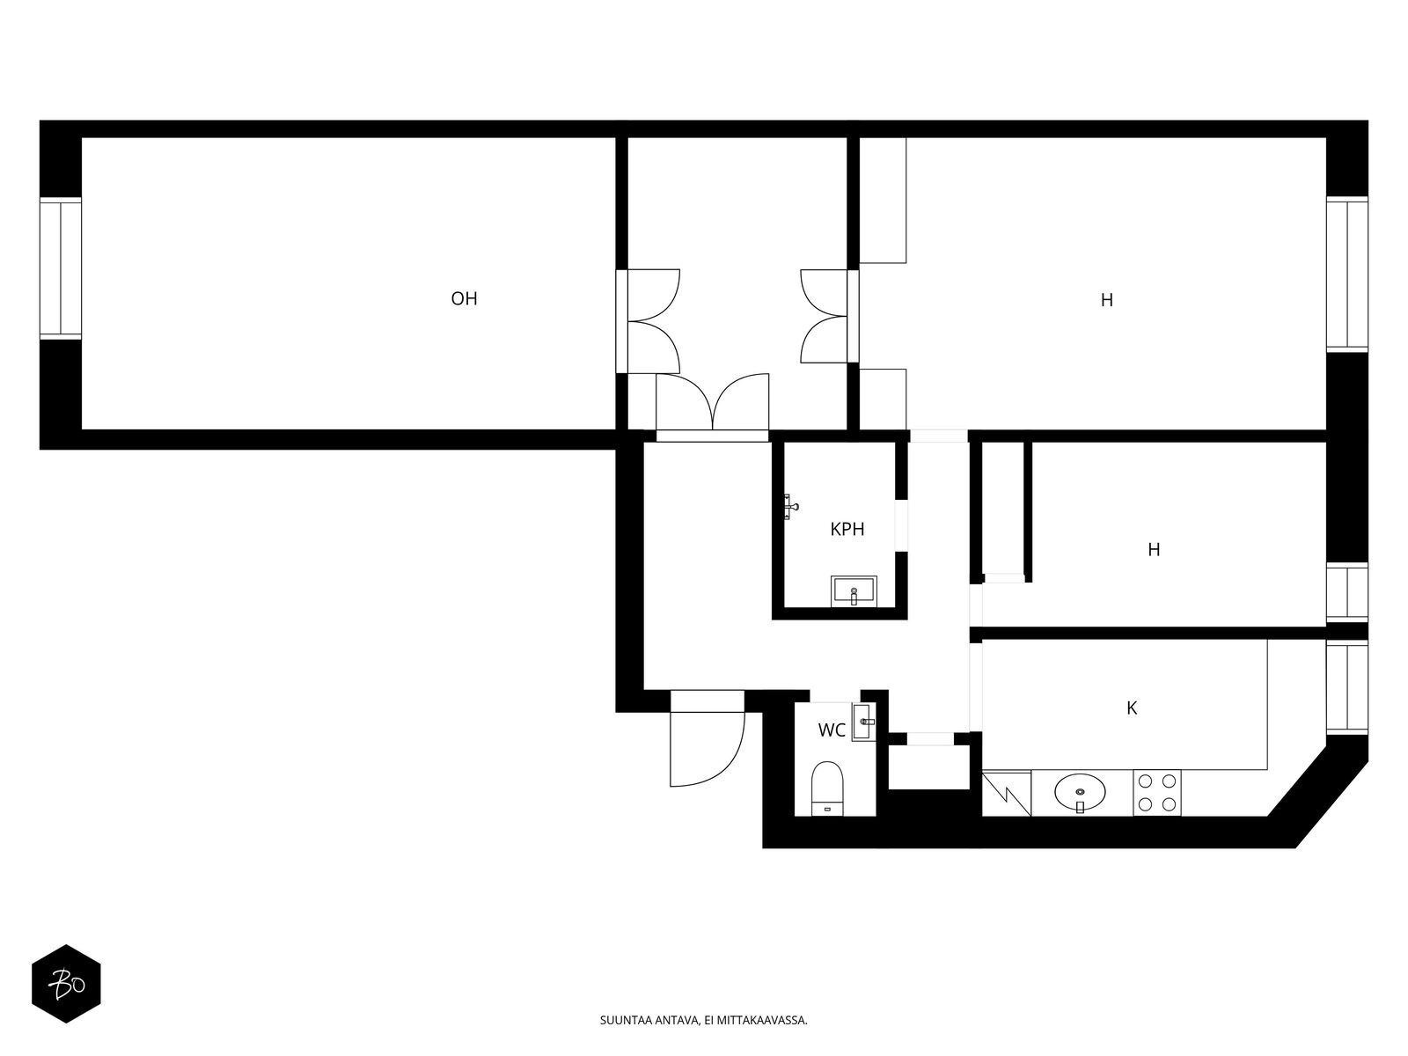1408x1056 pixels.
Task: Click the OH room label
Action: (464, 299)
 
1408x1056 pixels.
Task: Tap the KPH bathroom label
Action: (847, 529)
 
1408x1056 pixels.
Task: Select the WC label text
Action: (832, 730)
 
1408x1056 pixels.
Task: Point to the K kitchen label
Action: (1132, 708)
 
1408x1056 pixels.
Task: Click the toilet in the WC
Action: (827, 788)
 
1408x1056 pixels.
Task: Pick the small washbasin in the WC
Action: (863, 722)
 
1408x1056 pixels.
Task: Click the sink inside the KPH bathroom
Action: (853, 591)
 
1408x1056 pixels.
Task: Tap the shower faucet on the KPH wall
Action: (790, 507)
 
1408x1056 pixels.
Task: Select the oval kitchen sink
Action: (1081, 794)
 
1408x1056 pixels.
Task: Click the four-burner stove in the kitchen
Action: (1157, 793)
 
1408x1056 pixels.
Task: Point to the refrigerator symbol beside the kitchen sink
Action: (1007, 793)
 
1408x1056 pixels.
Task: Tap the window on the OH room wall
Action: (61, 268)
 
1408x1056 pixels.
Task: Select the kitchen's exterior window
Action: (1347, 687)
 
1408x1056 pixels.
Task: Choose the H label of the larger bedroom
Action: (1106, 300)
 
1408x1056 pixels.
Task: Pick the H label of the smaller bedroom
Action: (1154, 549)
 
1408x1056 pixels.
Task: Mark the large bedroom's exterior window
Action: (1347, 274)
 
